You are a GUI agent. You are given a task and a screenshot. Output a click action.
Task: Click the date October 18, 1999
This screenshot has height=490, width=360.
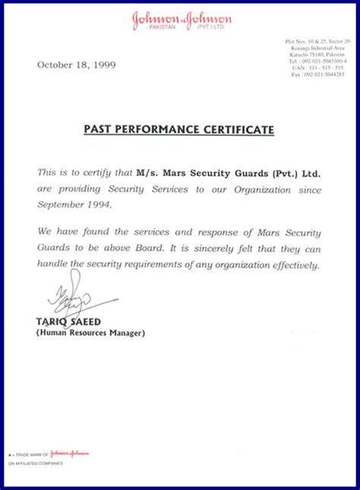point(76,65)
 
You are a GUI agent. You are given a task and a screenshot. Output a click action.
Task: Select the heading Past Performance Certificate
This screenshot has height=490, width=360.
point(178,130)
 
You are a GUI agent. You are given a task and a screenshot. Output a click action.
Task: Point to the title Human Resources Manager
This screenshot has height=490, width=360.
point(90,333)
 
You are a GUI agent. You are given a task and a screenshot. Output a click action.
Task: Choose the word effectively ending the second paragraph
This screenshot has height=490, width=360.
point(292,265)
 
